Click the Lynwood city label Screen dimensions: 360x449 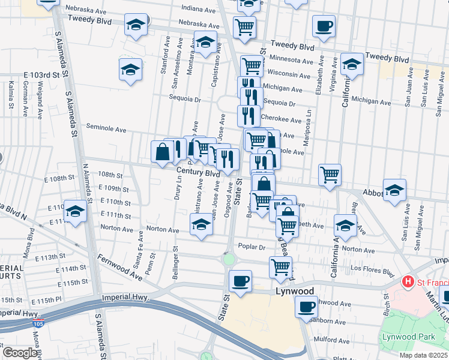click(295, 291)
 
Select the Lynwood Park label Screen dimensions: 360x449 click(408, 337)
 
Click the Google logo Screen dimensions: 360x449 click(19, 353)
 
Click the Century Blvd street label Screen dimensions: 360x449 click(198, 172)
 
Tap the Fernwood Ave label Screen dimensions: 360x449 click(121, 266)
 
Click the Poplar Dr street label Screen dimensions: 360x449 click(252, 247)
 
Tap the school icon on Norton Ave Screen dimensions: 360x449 click(201, 226)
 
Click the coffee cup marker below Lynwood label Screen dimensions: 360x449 click(306, 307)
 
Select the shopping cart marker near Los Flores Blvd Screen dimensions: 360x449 click(280, 267)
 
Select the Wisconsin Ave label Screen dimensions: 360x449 click(291, 74)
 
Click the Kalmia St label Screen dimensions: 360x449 click(11, 96)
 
